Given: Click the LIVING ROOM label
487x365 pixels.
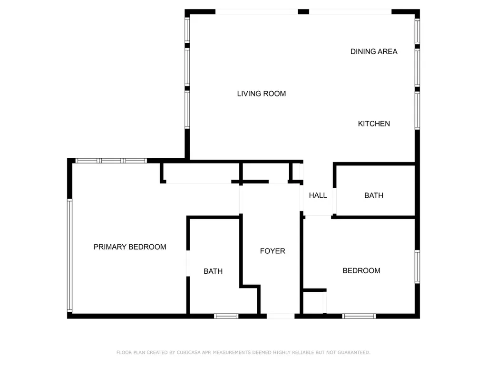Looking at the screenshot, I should coord(262,94).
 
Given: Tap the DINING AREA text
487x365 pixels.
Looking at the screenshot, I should coord(374,51).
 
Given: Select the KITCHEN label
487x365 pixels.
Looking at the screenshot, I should coord(374,124).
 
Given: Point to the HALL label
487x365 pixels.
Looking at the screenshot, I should coord(318,195).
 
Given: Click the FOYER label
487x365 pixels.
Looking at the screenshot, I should coord(273,251).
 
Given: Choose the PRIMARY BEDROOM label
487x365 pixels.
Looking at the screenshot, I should coord(130,247).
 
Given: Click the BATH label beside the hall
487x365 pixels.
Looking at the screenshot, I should coord(374,195).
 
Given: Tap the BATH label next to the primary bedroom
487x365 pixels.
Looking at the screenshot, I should coord(213,271).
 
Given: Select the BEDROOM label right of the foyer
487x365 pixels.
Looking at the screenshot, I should coord(361,270).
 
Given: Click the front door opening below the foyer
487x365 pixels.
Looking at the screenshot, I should coord(281,316).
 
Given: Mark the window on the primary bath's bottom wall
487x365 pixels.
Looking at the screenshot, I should coord(226,316).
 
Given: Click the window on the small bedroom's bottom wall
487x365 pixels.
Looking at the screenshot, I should coord(360,316).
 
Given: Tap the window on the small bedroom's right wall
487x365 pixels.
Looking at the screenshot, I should coord(417,267).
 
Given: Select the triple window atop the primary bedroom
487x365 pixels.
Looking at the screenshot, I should coord(111,161).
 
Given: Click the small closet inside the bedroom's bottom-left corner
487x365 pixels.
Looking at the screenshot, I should coord(314,302).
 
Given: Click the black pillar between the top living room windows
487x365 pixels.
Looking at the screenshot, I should coord(303,11).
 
